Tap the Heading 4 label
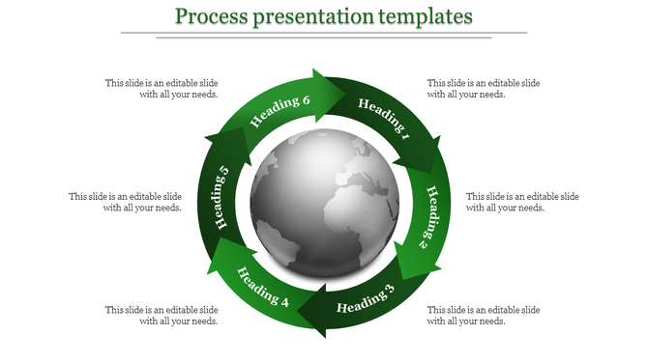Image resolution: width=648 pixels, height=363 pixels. click(263, 287)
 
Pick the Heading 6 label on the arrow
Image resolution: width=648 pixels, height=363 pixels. click(280, 111)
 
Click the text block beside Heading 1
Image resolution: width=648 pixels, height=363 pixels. click(484, 89)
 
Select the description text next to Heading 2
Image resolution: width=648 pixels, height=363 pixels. click(522, 202)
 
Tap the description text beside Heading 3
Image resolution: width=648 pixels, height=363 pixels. click(484, 315)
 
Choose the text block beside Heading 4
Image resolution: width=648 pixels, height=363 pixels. click(162, 315)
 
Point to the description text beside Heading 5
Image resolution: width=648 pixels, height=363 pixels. click(125, 202)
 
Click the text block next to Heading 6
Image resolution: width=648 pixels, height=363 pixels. click(162, 89)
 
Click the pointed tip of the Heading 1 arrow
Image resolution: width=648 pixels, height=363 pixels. click(434, 171)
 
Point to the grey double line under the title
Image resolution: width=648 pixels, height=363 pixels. click(324, 35)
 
